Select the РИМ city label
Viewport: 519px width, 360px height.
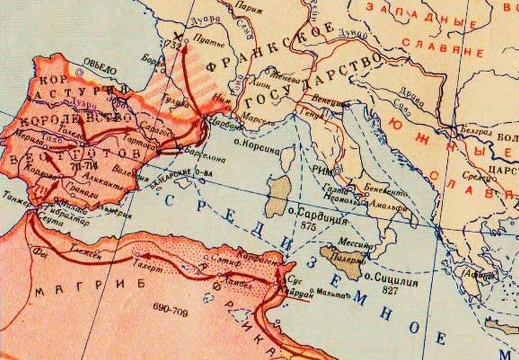coord(322,169)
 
